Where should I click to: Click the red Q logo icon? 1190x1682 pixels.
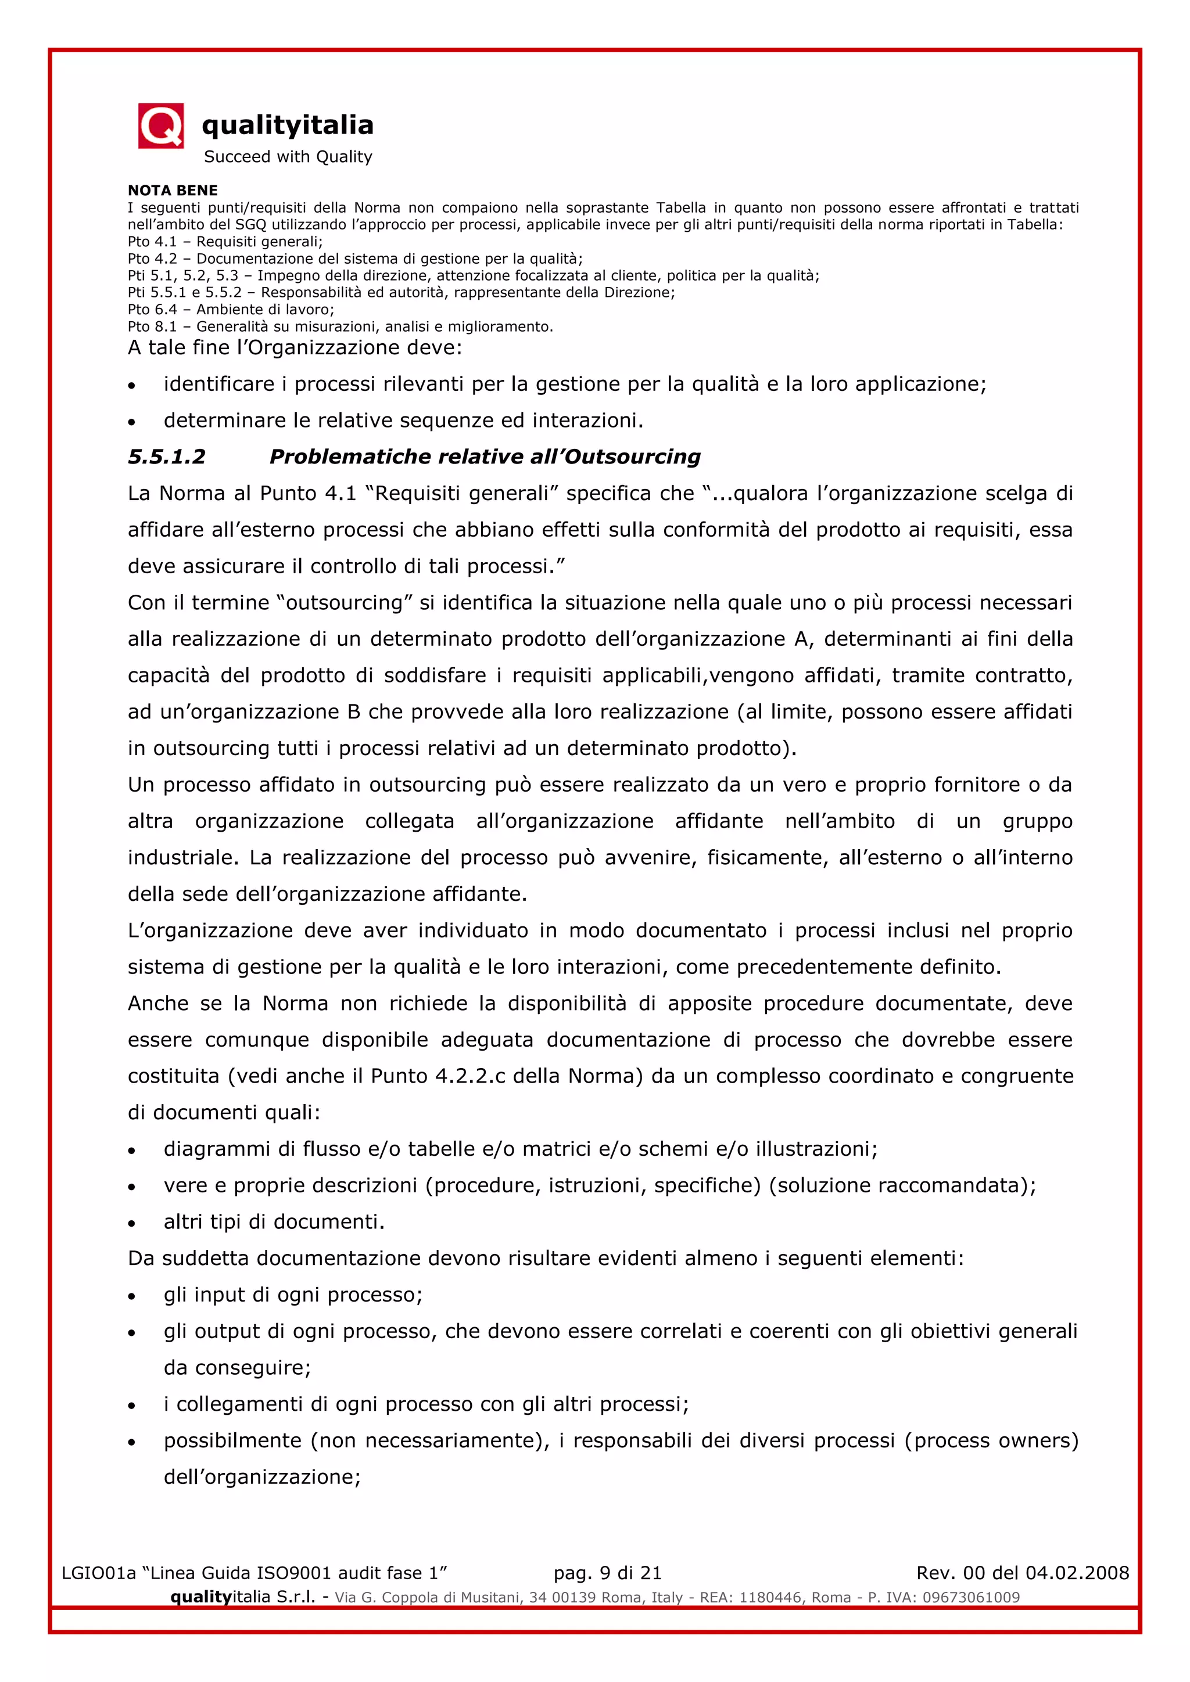coord(160,126)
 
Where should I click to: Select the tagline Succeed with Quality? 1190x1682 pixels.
coord(288,157)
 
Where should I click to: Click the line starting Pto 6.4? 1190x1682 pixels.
coord(231,309)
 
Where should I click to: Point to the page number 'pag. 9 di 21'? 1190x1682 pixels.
coord(607,1573)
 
